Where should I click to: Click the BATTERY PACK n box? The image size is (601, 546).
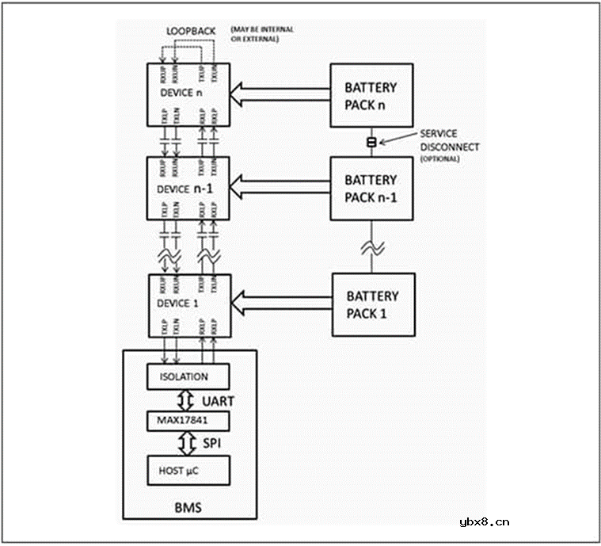click(371, 95)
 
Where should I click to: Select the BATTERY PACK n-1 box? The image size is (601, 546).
click(371, 189)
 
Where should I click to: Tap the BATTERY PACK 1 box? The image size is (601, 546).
click(373, 304)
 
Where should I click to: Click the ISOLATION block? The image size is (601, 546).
click(188, 376)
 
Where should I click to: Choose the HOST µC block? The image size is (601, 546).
click(188, 469)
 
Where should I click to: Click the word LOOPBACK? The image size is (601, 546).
click(190, 30)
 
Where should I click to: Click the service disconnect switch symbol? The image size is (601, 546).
click(370, 142)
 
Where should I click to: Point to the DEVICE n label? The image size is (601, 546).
click(181, 92)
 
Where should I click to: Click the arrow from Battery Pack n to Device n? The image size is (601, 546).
click(280, 95)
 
